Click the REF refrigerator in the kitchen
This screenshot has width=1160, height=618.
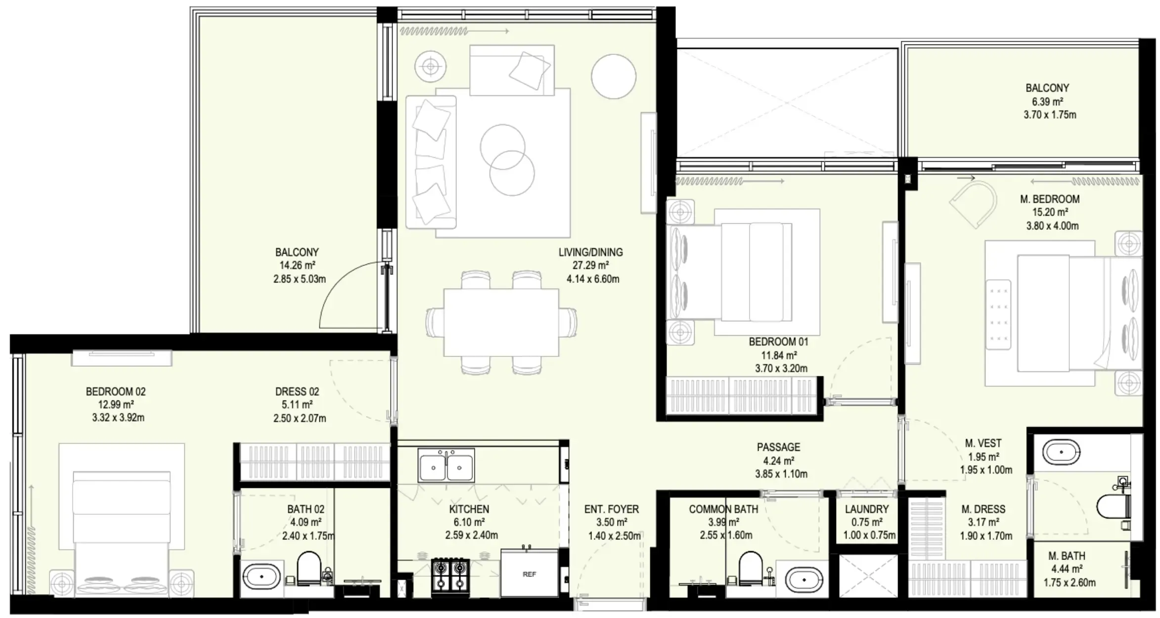click(x=529, y=574)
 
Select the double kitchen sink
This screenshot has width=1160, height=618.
click(x=446, y=466)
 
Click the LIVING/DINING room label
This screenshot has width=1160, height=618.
click(x=590, y=252)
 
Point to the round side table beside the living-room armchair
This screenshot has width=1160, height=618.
click(x=431, y=66)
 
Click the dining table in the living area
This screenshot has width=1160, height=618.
click(x=501, y=322)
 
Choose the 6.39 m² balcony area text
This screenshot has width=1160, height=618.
click(x=1048, y=102)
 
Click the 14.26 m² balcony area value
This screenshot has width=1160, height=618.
click(x=297, y=265)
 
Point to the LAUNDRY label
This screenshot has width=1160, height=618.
click(x=866, y=509)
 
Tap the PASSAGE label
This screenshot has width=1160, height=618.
click(x=778, y=447)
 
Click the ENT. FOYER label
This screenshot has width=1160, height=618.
click(x=611, y=509)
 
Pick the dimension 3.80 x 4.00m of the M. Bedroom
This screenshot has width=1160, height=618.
click(x=1052, y=226)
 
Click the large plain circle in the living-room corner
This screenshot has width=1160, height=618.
click(x=613, y=76)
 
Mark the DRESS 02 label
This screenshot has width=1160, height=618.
click(x=297, y=392)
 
